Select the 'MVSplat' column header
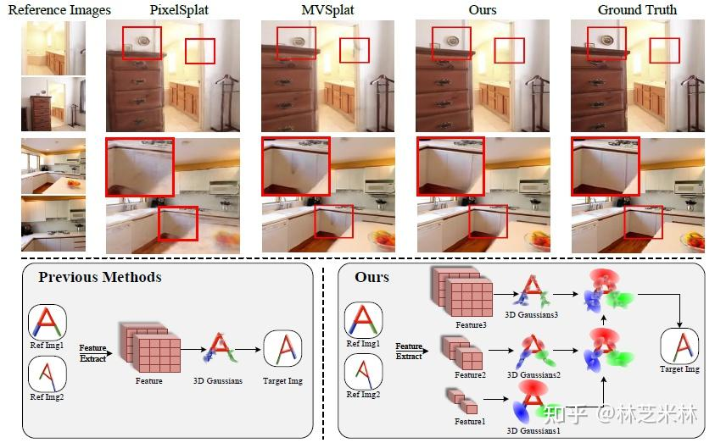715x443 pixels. coord(328,10)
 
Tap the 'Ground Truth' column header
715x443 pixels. coord(638,10)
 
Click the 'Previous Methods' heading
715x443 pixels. coord(100,277)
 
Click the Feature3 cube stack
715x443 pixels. coord(462,293)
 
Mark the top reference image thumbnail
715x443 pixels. coord(53,48)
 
